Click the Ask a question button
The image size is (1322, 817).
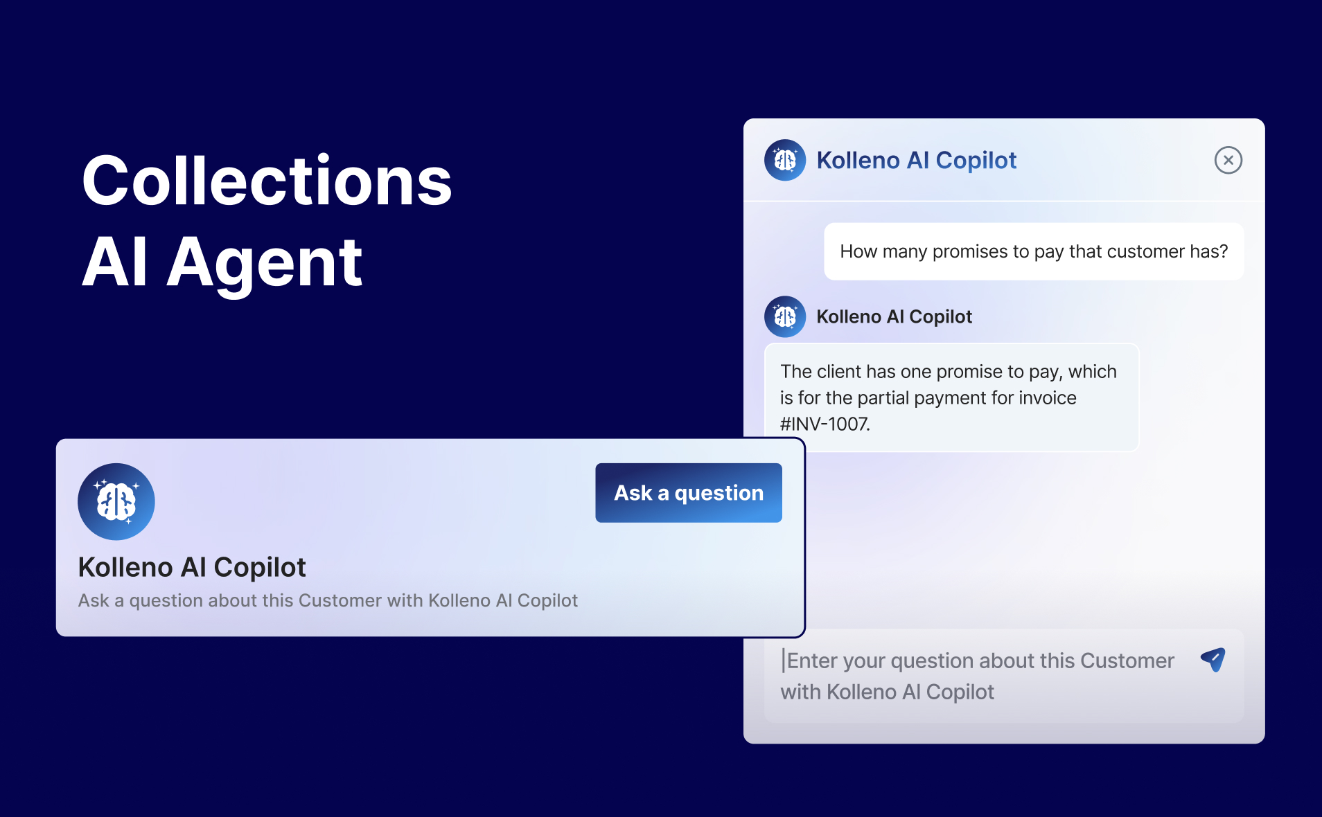[x=689, y=493]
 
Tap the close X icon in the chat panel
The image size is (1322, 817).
[x=1228, y=161]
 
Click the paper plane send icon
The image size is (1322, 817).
[x=1213, y=660]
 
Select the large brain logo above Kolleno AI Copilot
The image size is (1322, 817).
[x=116, y=502]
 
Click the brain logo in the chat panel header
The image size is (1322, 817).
[x=785, y=161]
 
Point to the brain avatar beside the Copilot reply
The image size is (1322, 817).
[x=785, y=317]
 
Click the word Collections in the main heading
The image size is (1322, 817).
[x=267, y=181]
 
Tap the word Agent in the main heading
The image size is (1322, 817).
[x=264, y=263]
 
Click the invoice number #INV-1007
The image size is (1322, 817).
[x=825, y=424]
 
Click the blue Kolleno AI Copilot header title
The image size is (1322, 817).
[x=917, y=161]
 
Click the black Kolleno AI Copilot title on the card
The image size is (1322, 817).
[x=192, y=568]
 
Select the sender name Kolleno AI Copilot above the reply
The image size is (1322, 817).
[x=894, y=317]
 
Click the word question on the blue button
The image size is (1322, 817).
[x=719, y=494]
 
